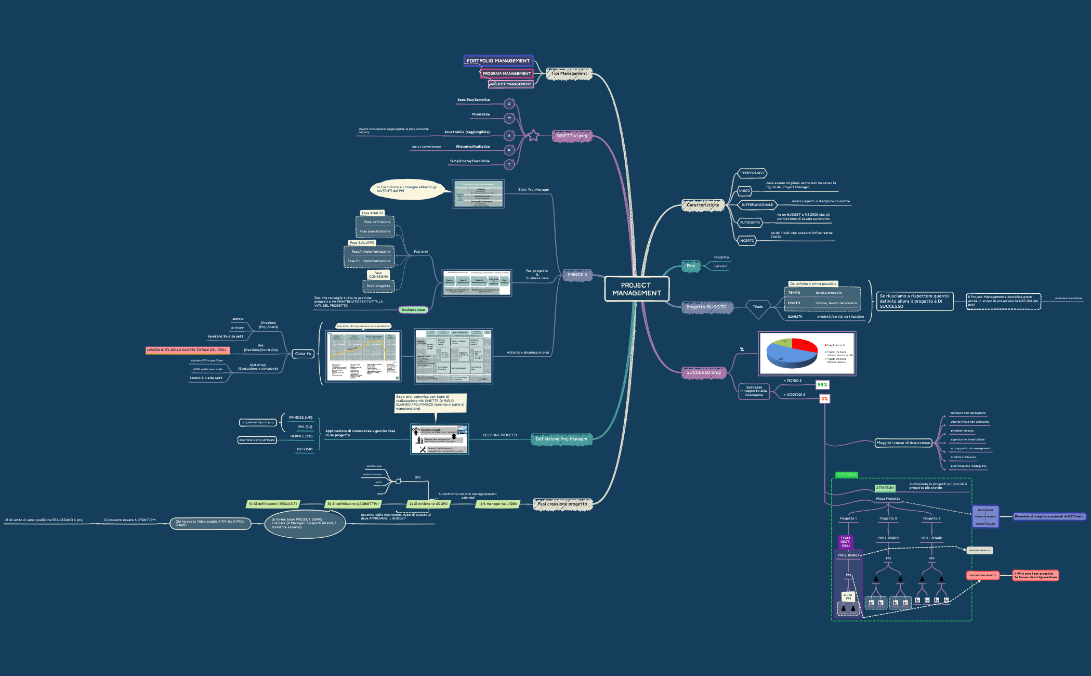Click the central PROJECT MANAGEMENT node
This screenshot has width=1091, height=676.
[x=636, y=289]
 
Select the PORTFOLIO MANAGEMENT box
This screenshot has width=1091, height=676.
[x=498, y=61]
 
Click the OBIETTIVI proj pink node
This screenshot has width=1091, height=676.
[x=572, y=136]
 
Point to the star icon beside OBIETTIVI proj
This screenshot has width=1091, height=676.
[x=533, y=136]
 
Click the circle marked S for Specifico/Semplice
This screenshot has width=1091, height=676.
[x=509, y=104]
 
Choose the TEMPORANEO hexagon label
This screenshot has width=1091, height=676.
[x=752, y=173]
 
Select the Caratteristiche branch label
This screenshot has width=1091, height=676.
[x=703, y=205]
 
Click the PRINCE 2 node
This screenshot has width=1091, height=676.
[x=577, y=275]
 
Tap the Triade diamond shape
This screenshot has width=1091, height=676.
[x=758, y=307]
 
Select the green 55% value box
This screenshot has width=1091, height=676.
[x=822, y=385]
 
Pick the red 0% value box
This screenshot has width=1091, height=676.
[x=824, y=399]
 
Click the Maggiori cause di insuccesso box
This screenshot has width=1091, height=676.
[x=903, y=443]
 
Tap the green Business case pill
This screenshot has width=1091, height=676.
[x=413, y=310]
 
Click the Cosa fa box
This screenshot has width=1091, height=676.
[x=303, y=354]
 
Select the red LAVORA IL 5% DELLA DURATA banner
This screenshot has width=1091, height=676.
[x=187, y=350]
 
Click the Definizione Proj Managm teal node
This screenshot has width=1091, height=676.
[x=561, y=439]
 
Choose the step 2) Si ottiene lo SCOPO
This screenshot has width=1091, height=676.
[x=428, y=504]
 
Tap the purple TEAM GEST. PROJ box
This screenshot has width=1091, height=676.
[x=845, y=542]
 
